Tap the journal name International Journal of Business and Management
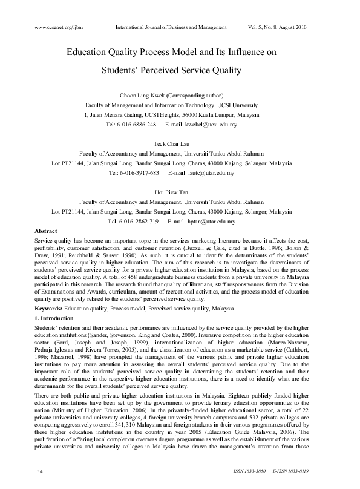coord(171,28)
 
